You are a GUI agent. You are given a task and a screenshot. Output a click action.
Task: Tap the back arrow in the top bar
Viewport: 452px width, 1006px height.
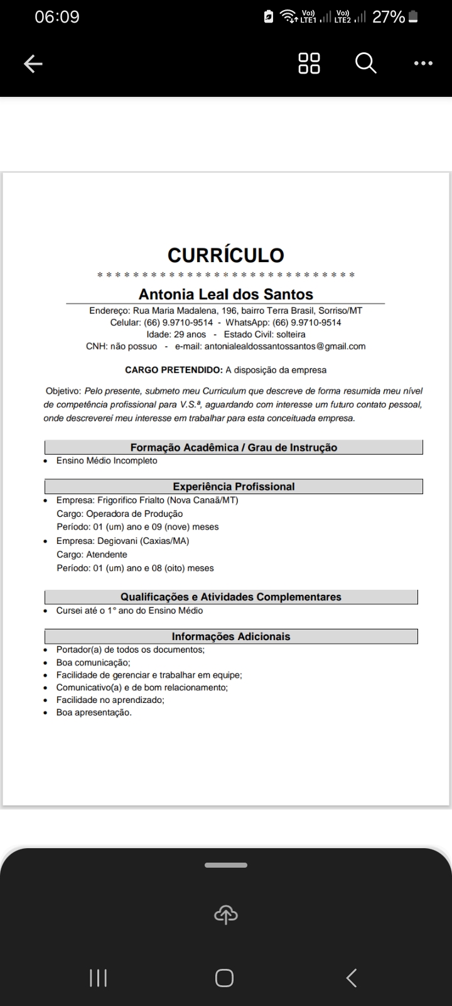pyautogui.click(x=33, y=64)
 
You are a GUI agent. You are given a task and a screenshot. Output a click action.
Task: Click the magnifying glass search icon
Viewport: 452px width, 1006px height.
pyautogui.click(x=365, y=63)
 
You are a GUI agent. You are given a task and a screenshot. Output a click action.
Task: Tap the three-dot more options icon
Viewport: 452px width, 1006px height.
pyautogui.click(x=423, y=64)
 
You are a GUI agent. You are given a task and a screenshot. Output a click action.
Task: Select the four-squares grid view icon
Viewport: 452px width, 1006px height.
pyautogui.click(x=309, y=63)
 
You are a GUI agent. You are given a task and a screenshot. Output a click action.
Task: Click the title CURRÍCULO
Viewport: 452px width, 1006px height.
pyautogui.click(x=225, y=255)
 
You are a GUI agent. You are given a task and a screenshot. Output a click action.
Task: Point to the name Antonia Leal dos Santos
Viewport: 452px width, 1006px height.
pyautogui.click(x=225, y=294)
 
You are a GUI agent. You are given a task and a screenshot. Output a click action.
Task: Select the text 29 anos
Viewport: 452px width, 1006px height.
pyautogui.click(x=190, y=334)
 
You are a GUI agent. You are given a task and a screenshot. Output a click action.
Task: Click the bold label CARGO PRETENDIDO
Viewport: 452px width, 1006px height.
pyautogui.click(x=173, y=370)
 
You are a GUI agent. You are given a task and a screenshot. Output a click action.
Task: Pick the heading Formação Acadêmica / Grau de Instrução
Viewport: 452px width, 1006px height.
pyautogui.click(x=234, y=448)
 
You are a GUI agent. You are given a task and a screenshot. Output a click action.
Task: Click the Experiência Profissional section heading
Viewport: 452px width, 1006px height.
pyautogui.click(x=234, y=487)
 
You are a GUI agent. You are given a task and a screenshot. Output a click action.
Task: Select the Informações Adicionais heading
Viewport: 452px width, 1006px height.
pyautogui.click(x=231, y=636)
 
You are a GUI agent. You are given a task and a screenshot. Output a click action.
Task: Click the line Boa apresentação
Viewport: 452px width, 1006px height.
pyautogui.click(x=94, y=712)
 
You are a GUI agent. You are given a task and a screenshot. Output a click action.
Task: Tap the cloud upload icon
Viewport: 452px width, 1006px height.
pyautogui.click(x=226, y=915)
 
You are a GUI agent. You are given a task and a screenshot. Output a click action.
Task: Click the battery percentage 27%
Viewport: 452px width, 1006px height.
pyautogui.click(x=389, y=17)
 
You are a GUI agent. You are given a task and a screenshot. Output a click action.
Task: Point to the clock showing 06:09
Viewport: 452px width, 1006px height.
pyautogui.click(x=57, y=17)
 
